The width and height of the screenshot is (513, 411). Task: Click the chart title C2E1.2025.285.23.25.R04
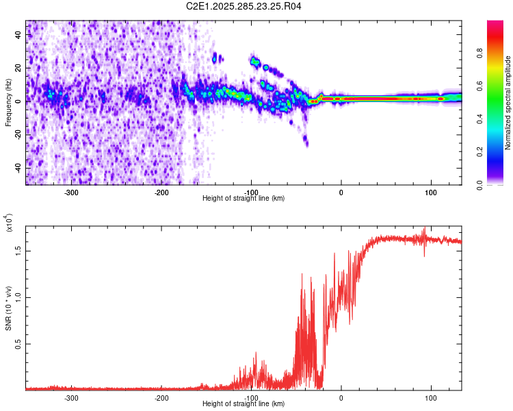pyautogui.click(x=244, y=6)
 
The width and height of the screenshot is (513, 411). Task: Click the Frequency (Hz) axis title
pyautogui.click(x=8, y=102)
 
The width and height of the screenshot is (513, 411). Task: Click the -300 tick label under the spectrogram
pyautogui.click(x=71, y=192)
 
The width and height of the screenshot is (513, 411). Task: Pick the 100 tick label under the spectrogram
pyautogui.click(x=431, y=192)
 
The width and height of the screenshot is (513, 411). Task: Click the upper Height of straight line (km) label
pyautogui.click(x=244, y=199)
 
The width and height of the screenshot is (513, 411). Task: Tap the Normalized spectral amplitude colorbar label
pyautogui.click(x=508, y=103)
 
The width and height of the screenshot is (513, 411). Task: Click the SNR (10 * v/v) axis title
pyautogui.click(x=8, y=305)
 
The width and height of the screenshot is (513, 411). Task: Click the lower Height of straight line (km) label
pyautogui.click(x=244, y=404)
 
